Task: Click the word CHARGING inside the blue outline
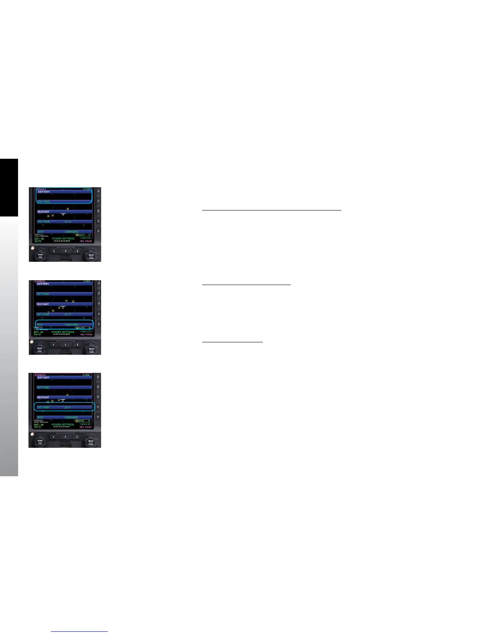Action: (x=71, y=325)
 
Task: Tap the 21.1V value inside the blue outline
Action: (x=67, y=407)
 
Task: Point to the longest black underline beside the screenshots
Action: (x=272, y=210)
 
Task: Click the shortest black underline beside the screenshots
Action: (x=232, y=342)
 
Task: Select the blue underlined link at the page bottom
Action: (x=79, y=631)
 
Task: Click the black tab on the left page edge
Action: (x=9, y=188)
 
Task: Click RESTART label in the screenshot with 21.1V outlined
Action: (x=43, y=398)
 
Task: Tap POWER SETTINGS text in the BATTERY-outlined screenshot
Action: (x=63, y=239)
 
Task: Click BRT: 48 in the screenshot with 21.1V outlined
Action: (x=39, y=425)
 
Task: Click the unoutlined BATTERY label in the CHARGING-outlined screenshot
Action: (x=43, y=284)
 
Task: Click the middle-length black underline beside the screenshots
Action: (x=246, y=284)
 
